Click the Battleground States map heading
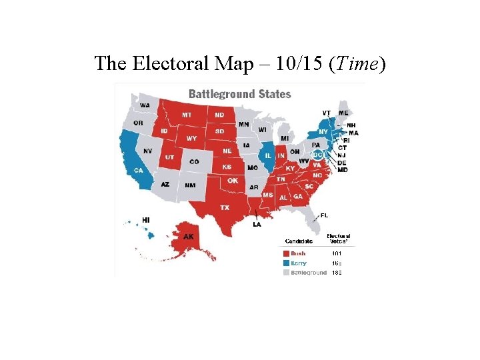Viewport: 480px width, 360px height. (239, 94)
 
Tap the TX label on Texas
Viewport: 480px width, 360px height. (225, 207)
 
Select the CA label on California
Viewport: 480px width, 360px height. (138, 170)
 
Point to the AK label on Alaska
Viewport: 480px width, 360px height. (189, 236)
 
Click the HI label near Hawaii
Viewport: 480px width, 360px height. (145, 219)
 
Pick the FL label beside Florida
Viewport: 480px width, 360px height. (324, 215)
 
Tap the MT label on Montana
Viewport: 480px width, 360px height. (187, 115)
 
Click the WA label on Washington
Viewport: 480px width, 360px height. (145, 105)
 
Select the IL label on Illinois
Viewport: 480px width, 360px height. (268, 155)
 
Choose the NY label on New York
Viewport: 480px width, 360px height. (323, 132)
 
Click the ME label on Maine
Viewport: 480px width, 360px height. (343, 113)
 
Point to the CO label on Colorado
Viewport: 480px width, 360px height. (194, 161)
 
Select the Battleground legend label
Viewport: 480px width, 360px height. (309, 272)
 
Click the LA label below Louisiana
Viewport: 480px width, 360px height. (257, 224)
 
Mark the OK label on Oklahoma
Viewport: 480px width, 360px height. (233, 181)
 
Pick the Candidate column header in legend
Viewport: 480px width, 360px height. (299, 240)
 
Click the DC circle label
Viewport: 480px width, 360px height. (317, 155)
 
